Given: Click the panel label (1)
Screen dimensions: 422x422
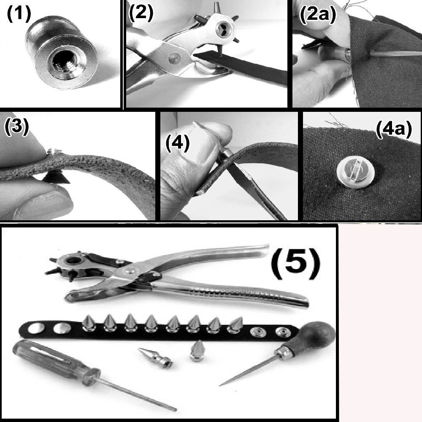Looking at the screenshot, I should point(19,15).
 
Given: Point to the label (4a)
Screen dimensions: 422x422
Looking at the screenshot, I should point(393,131).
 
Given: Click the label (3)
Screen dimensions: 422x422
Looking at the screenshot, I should point(16,127).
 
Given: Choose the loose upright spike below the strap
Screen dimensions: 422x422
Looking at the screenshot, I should point(197,351).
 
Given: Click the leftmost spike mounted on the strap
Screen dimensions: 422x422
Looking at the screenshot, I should point(90,322).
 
